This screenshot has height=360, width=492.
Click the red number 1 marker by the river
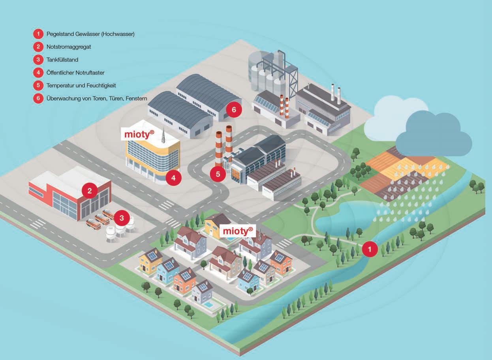[370, 249]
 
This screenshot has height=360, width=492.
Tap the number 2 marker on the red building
[90, 191]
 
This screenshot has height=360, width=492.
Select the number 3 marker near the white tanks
[122, 218]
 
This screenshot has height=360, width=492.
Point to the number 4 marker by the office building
[173, 178]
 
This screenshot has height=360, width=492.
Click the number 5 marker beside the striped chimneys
[218, 174]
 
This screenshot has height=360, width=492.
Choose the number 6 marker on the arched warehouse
[234, 109]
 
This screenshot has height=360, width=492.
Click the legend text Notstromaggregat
[69, 47]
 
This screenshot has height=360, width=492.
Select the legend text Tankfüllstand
[62, 60]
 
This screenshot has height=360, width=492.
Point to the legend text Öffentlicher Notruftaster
[75, 73]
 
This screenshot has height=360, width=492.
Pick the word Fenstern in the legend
[136, 98]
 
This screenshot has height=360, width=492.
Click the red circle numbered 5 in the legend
[38, 85]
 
